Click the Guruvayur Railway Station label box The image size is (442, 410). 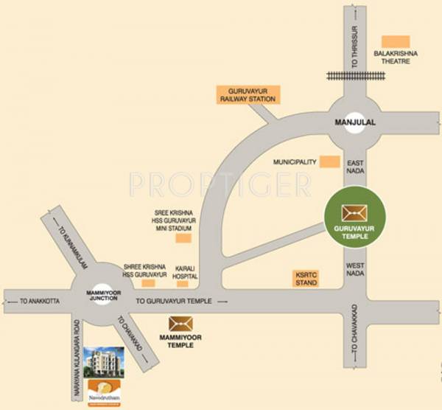coord(247,94)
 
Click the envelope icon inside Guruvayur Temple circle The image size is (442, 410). coord(355,212)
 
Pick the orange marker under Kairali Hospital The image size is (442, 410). coord(182,284)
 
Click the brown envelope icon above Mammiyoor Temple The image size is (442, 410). coord(180,323)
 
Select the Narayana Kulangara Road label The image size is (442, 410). coord(75,362)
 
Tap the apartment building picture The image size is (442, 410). coord(105,364)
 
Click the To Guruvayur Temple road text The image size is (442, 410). coord(174,301)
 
